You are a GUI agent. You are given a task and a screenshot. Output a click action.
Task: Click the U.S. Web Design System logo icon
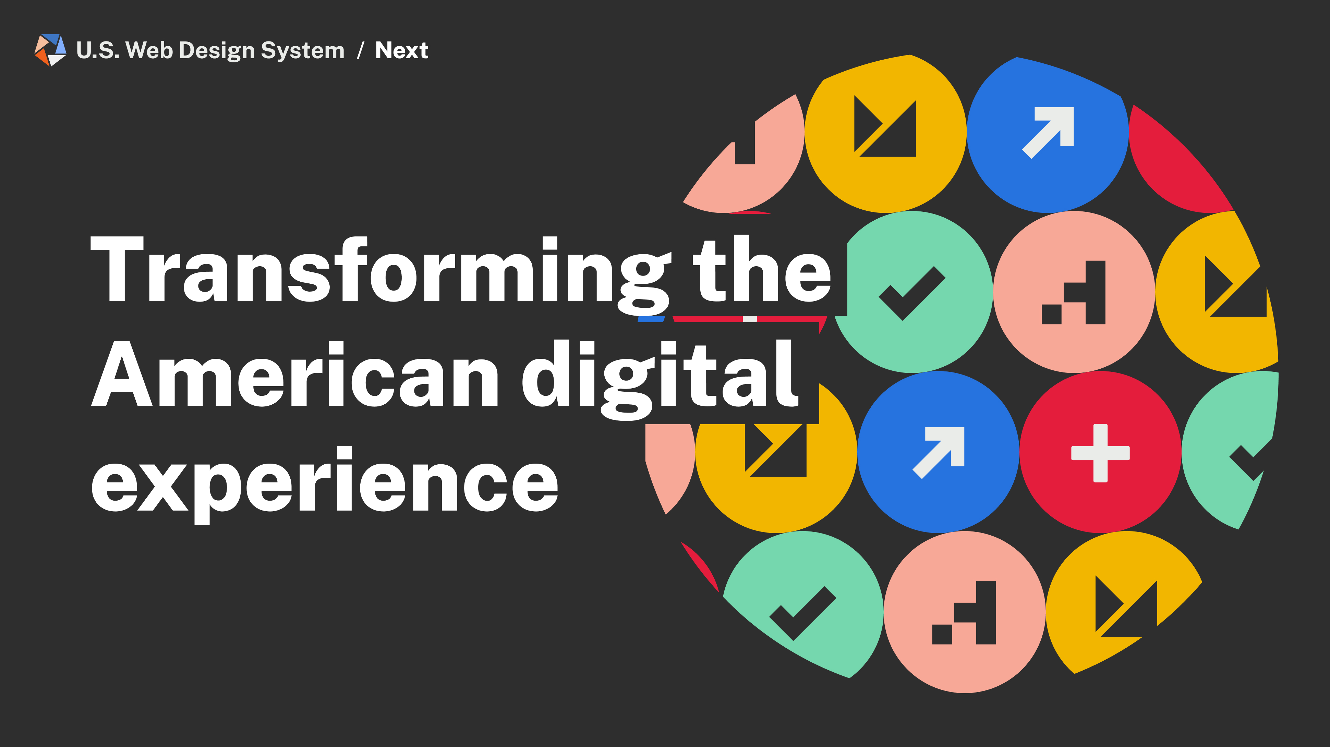point(50,50)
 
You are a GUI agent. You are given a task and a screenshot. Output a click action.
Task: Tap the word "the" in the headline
point(762,269)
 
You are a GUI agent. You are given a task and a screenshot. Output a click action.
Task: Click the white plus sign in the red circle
point(1100,453)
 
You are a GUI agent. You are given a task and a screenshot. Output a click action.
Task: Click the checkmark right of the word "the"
point(912,293)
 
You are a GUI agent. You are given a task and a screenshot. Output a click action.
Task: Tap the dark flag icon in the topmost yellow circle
point(885,126)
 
